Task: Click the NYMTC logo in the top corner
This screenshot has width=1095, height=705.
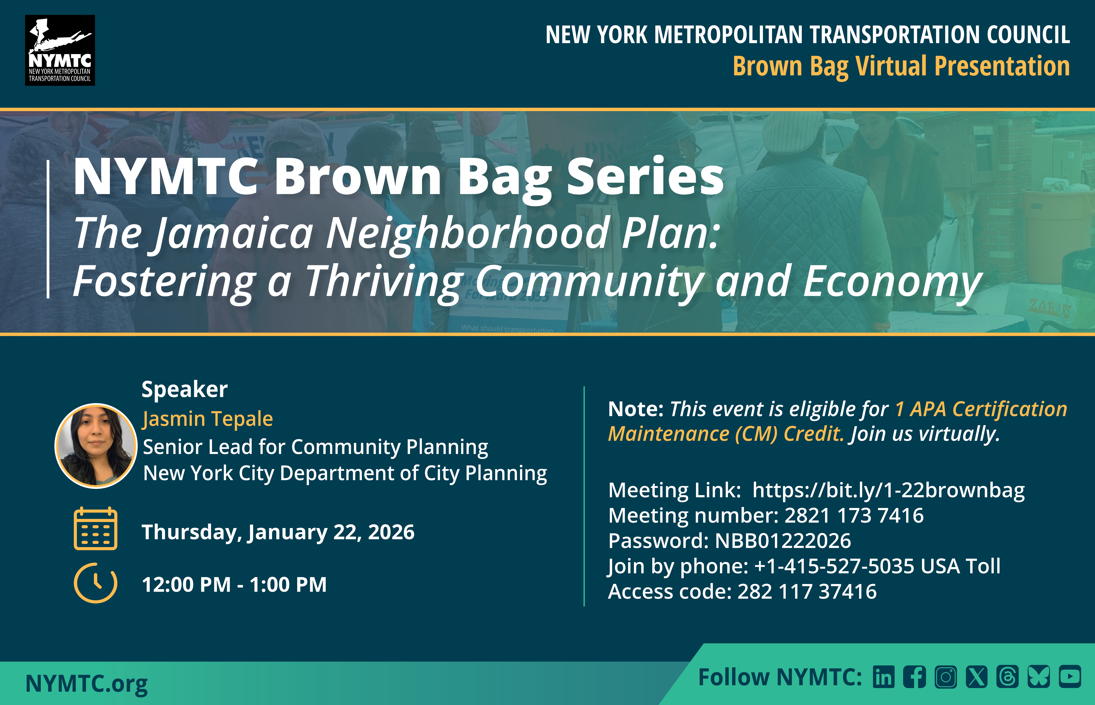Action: (x=60, y=50)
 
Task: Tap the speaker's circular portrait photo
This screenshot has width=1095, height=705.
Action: (x=96, y=445)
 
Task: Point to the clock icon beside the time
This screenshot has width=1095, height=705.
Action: (x=96, y=583)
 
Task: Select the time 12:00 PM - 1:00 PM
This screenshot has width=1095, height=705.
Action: (x=234, y=585)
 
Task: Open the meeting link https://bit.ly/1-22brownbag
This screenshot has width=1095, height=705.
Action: (x=888, y=490)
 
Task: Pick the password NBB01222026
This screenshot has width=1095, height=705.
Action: (x=783, y=541)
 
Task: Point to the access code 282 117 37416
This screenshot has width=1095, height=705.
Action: (x=807, y=591)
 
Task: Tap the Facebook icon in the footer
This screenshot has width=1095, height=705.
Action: (x=914, y=677)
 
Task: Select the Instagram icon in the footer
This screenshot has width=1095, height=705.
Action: (x=946, y=677)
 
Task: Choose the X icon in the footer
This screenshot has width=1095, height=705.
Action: (x=977, y=677)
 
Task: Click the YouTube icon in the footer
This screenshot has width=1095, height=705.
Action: (x=1070, y=677)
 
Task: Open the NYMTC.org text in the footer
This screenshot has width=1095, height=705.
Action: (x=87, y=684)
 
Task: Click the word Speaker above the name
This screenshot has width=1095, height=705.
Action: (x=184, y=390)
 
